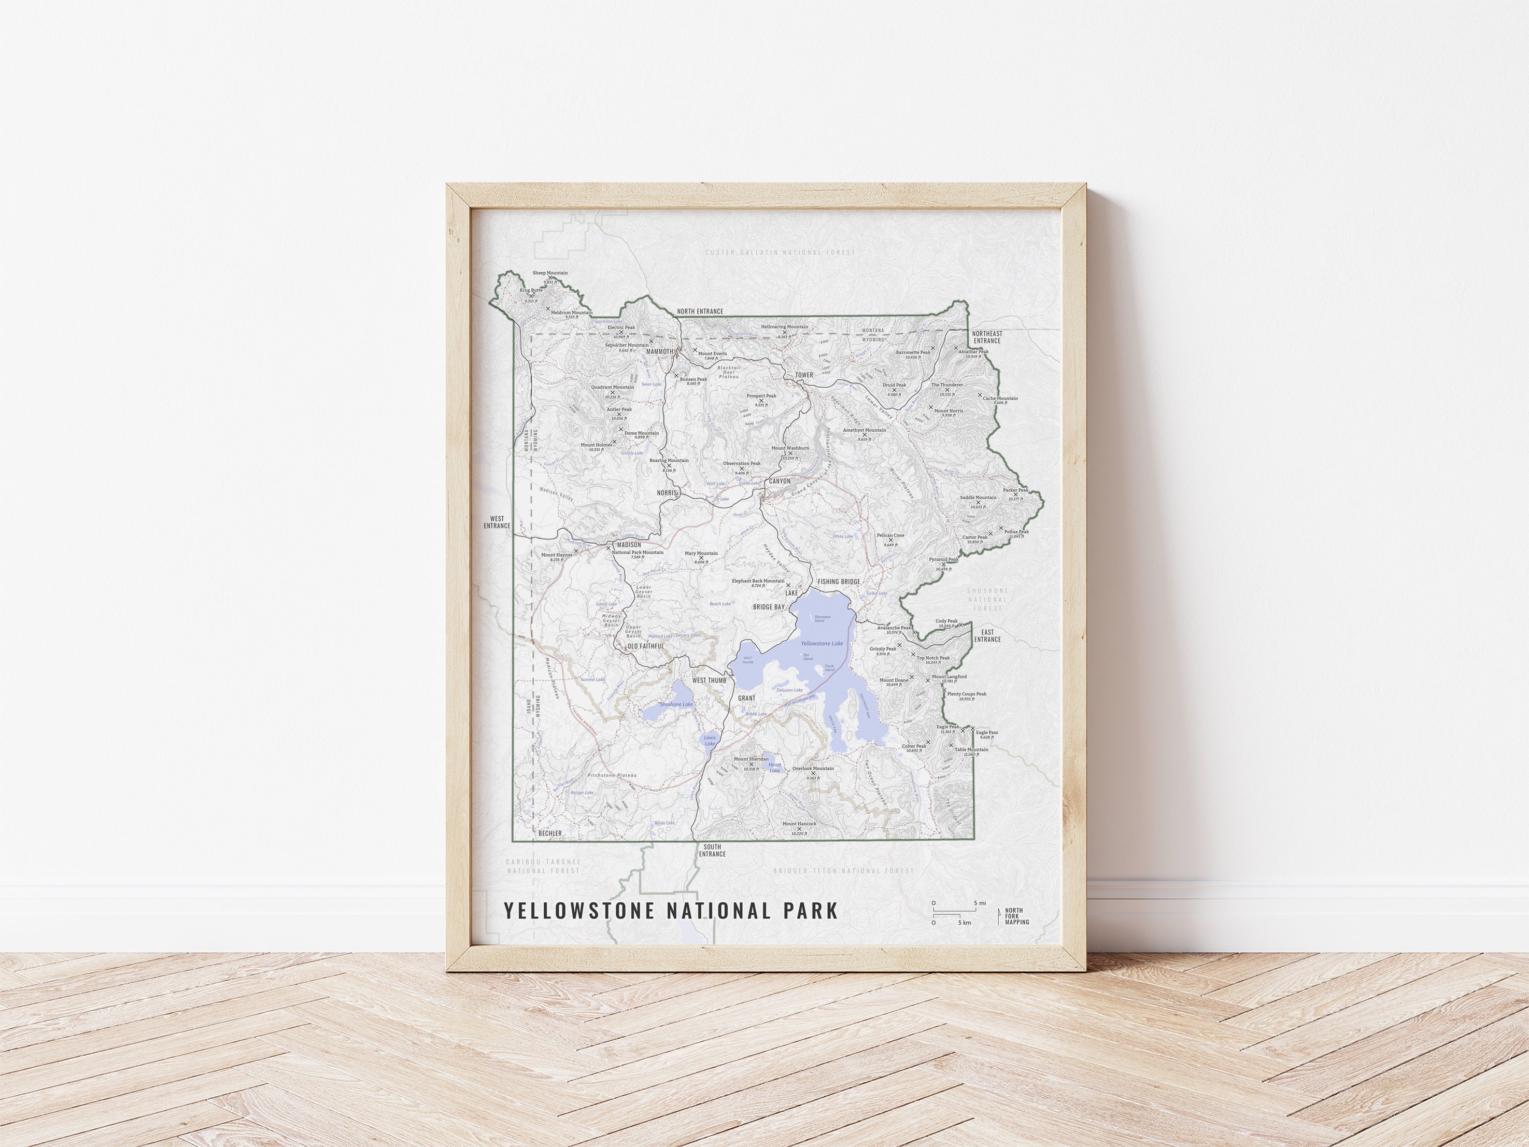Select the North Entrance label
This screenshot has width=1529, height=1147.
700,311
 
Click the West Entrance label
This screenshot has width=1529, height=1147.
497,522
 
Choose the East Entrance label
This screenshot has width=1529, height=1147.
987,635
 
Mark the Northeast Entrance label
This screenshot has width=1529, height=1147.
987,337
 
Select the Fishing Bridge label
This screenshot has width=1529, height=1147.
839,582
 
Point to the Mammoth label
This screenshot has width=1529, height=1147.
659,351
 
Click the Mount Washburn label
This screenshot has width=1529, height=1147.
790,448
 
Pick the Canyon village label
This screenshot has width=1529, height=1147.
779,480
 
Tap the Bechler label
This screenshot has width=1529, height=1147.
550,834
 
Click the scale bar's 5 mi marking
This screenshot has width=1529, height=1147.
980,903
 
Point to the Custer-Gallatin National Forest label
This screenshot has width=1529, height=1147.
780,252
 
